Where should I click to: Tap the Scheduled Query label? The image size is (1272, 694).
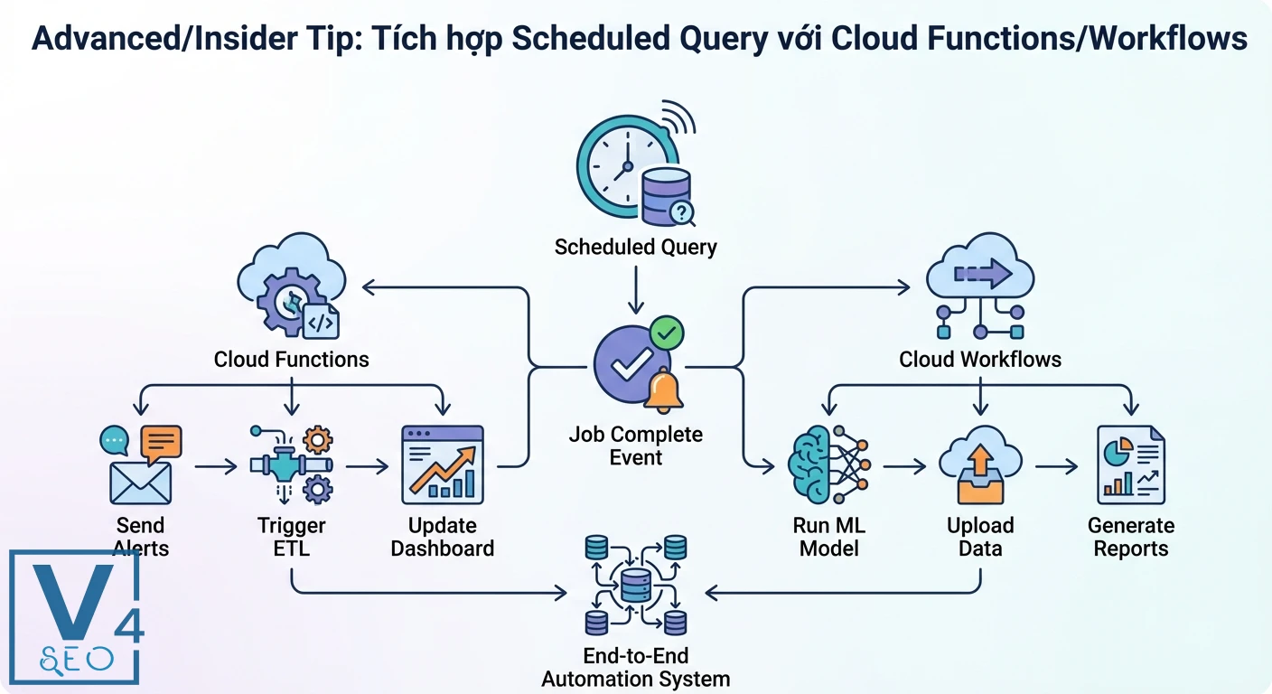635,247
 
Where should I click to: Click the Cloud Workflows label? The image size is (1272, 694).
980,360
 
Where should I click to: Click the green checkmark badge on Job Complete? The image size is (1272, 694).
667,333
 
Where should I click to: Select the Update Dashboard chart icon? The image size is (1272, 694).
443,465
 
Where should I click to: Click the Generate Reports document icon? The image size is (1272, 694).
1130,465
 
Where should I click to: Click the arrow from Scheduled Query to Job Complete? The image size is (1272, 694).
635,295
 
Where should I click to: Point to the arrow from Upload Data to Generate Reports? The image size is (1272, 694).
1056,467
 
